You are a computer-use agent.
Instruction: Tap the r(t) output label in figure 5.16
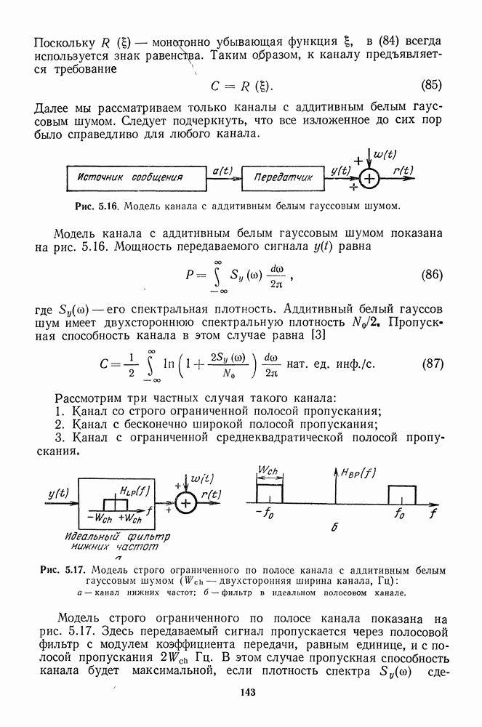tap(403, 170)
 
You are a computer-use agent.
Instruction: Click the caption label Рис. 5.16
tap(97, 206)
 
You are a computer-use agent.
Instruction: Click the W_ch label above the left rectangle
tap(268, 471)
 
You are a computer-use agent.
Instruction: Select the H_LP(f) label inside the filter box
tap(134, 489)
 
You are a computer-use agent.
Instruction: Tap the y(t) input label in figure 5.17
tap(58, 494)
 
